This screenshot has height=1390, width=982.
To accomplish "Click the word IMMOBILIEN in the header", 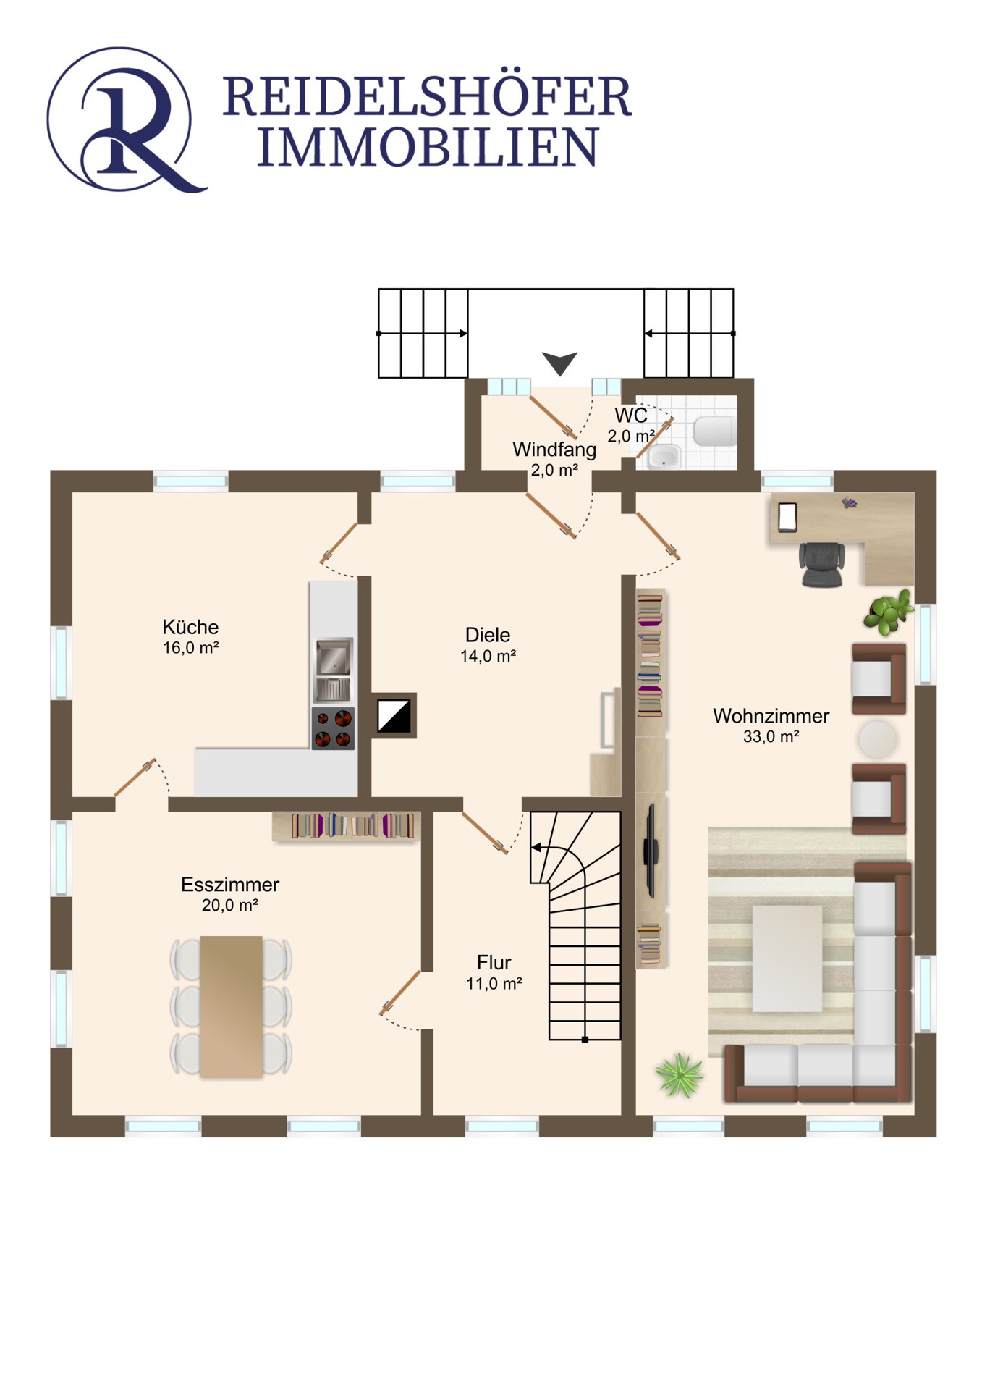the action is click(x=428, y=147).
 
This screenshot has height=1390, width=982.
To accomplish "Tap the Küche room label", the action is click(x=190, y=627).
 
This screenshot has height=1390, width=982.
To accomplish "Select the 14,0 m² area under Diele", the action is click(x=488, y=656).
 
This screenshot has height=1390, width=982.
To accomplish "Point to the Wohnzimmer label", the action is click(x=771, y=716).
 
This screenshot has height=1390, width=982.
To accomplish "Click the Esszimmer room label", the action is click(x=230, y=885).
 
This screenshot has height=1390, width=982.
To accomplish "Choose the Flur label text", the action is click(x=494, y=963).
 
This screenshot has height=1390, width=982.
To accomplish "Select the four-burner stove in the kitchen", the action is click(x=333, y=728).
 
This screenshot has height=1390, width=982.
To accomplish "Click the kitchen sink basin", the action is click(x=334, y=656).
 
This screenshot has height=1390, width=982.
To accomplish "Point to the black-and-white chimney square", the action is click(x=394, y=716).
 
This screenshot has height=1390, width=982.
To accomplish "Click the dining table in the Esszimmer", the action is click(x=232, y=1006).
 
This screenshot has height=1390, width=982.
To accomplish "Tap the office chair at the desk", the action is click(x=822, y=564).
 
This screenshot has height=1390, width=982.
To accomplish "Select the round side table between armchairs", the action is click(x=878, y=739).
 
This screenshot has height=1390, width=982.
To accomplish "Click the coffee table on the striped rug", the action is click(x=787, y=958).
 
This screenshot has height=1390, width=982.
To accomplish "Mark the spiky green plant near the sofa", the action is click(x=679, y=1075).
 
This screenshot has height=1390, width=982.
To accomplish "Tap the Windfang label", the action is click(x=554, y=450).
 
